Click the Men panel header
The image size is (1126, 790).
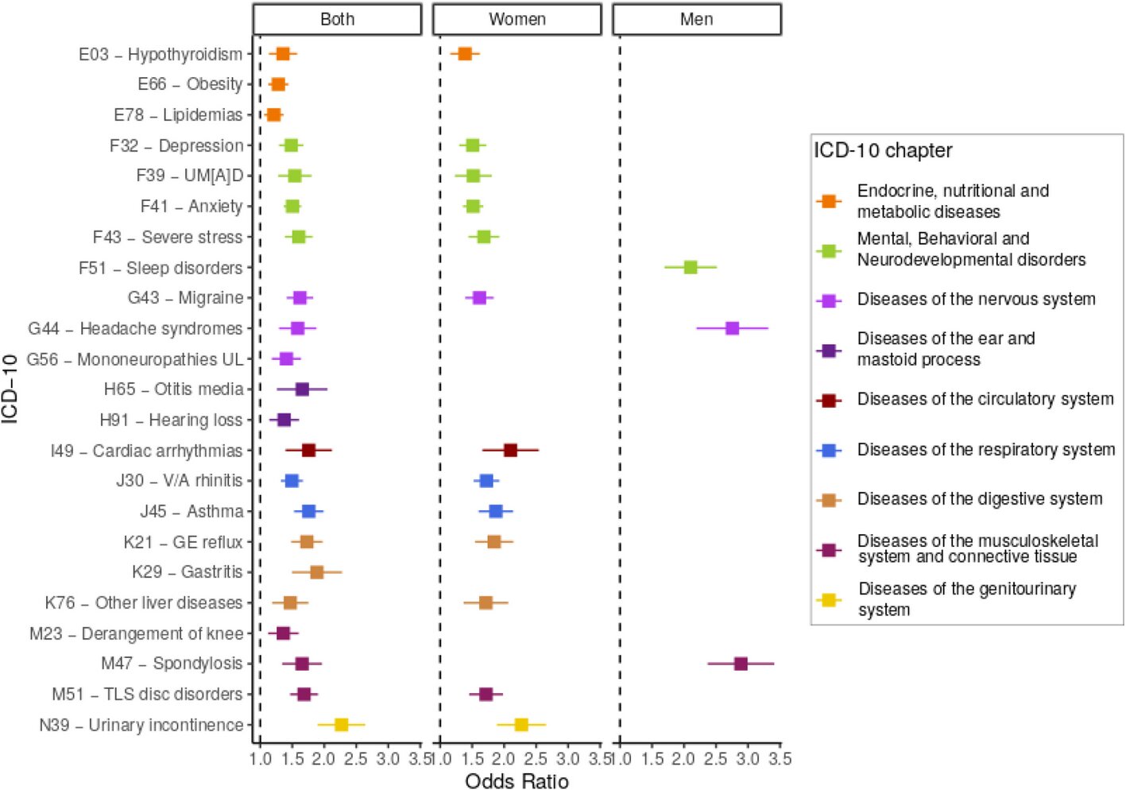(x=696, y=20)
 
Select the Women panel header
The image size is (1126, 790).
(x=517, y=20)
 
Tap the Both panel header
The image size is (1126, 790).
(x=337, y=20)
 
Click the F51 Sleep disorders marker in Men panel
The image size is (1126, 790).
(x=691, y=267)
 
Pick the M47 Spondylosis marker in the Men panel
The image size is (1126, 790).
(x=741, y=664)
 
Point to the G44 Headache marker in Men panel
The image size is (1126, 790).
(x=732, y=328)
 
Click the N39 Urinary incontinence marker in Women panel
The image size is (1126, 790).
(x=521, y=725)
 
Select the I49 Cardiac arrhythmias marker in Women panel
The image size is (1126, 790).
(x=510, y=451)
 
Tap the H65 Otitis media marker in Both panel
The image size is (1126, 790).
(x=302, y=389)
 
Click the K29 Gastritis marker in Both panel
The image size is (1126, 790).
(x=316, y=572)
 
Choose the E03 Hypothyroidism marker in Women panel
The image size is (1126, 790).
(x=465, y=54)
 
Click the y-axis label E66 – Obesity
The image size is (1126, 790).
(x=190, y=84)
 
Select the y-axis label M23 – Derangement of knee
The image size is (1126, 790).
(x=137, y=633)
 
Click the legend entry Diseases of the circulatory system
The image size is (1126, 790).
(x=985, y=399)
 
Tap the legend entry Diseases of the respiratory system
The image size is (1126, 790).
(x=985, y=450)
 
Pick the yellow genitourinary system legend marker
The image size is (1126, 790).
(x=829, y=599)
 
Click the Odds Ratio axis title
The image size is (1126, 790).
(x=517, y=781)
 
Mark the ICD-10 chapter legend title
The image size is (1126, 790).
(x=882, y=151)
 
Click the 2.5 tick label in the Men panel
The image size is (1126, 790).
(x=715, y=759)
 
